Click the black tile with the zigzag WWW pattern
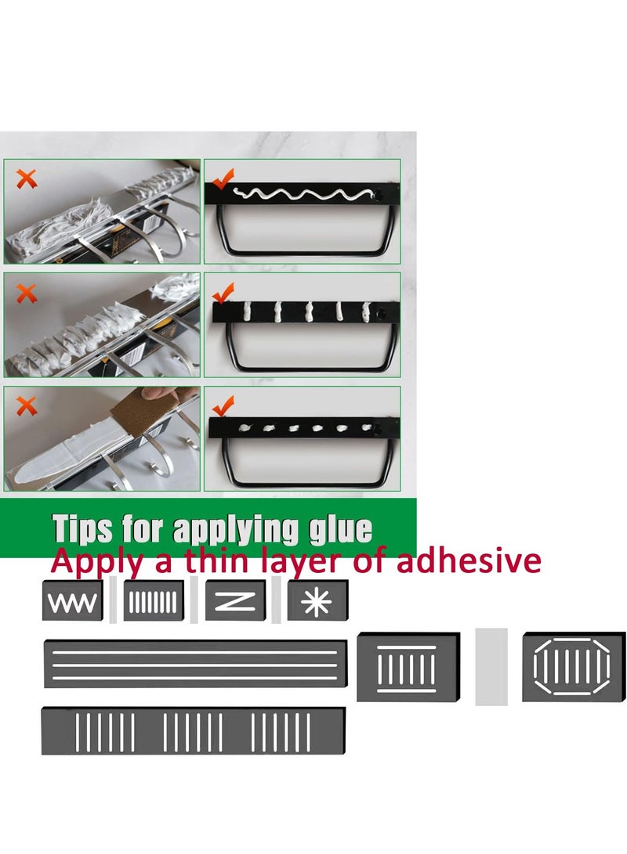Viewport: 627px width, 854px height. click(x=73, y=602)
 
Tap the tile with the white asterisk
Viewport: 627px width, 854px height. click(x=317, y=601)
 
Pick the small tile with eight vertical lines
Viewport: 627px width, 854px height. click(x=154, y=601)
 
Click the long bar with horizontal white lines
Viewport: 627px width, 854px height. click(x=195, y=664)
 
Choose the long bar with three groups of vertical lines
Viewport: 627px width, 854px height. click(x=193, y=731)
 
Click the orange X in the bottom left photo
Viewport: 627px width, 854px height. click(x=27, y=405)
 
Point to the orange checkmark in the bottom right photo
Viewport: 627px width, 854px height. click(x=223, y=405)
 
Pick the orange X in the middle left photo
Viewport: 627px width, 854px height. click(x=27, y=294)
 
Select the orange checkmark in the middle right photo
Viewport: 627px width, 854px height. click(x=223, y=294)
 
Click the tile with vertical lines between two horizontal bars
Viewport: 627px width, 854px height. click(x=406, y=667)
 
